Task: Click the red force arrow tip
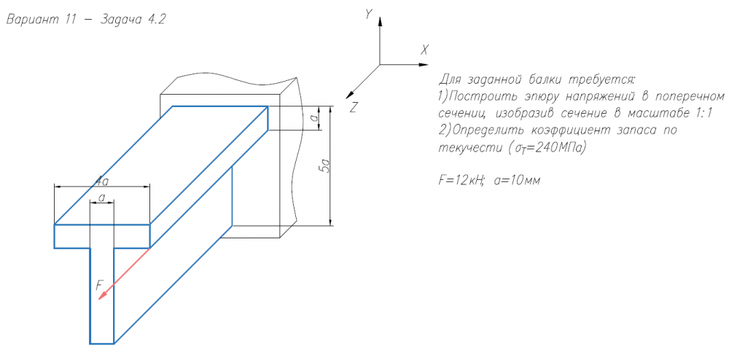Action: coord(98,300)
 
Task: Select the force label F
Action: coord(99,286)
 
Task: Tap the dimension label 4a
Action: coord(102,180)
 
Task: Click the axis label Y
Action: coord(369,15)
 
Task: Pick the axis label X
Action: coord(424,50)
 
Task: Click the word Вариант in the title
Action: coord(32,20)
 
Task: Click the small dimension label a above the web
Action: coord(102,198)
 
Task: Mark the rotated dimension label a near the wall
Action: coord(315,118)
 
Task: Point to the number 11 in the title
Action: coord(71,20)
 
